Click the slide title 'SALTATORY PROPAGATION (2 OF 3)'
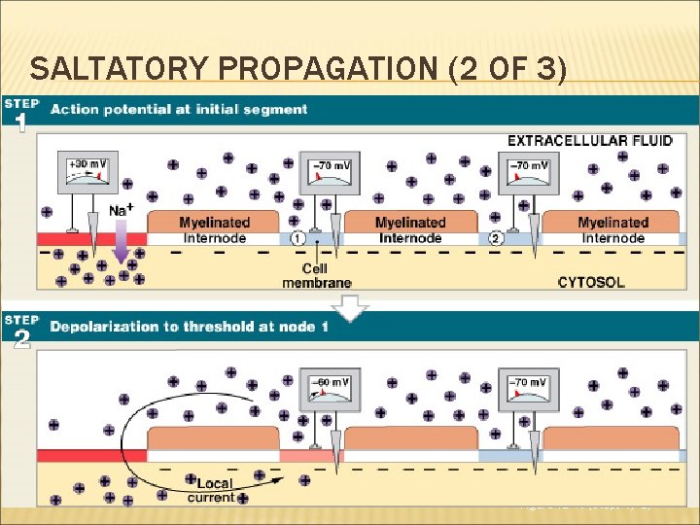[x=297, y=70]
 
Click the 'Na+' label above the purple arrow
[x=122, y=210]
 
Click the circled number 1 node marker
[x=297, y=237]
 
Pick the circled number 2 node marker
[x=496, y=237]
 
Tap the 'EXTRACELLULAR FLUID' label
[x=589, y=141]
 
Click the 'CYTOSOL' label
[x=591, y=282]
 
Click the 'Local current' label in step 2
[x=216, y=491]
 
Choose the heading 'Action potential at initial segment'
[x=179, y=109]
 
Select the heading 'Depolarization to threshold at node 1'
[x=189, y=326]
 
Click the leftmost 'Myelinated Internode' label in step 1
[x=212, y=229]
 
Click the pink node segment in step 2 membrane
[x=305, y=456]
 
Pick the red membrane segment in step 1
[x=91, y=238]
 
